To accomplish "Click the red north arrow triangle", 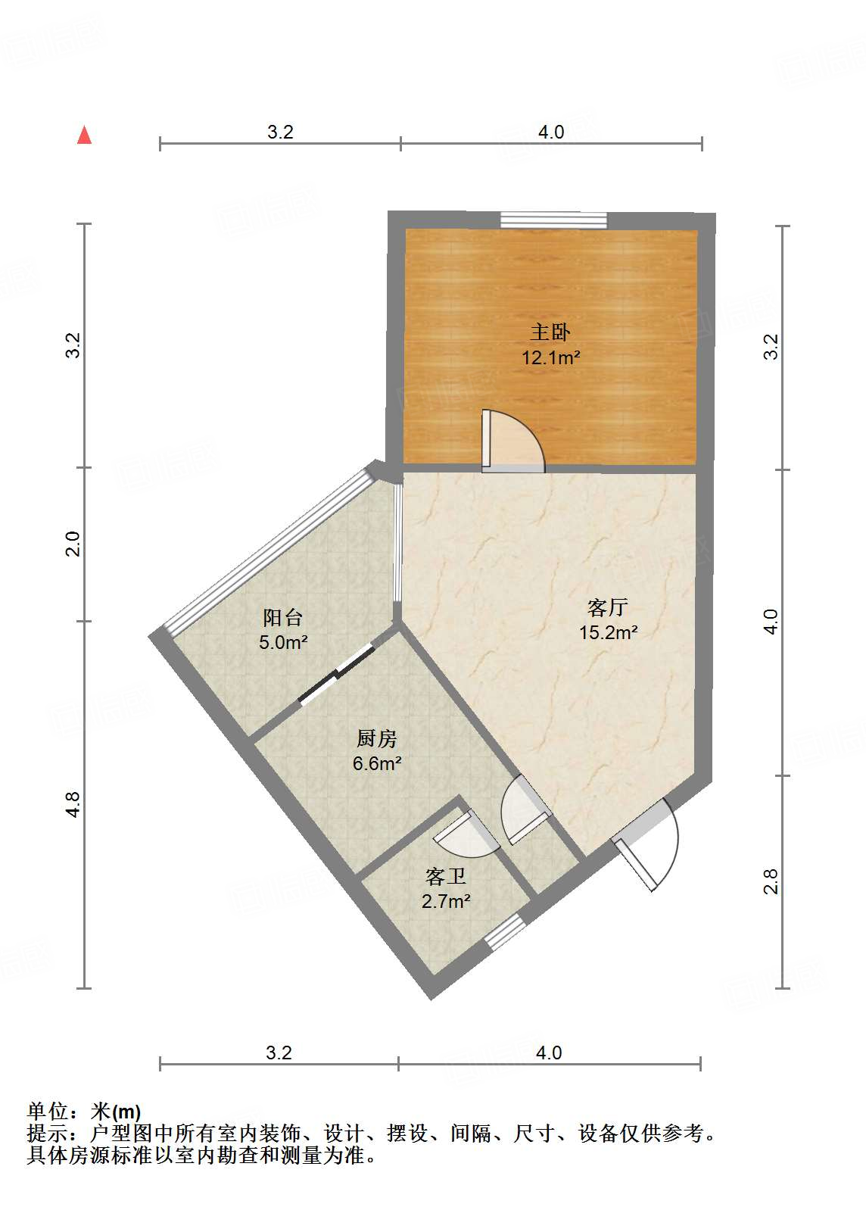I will click(x=85, y=136).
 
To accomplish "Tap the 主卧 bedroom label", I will click(x=550, y=332).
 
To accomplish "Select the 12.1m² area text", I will click(x=550, y=357).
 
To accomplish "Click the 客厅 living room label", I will click(x=608, y=607).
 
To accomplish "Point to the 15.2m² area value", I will click(x=608, y=632).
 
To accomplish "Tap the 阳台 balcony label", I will click(x=283, y=617).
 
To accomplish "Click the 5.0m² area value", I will click(x=283, y=643).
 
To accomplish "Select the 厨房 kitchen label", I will click(x=376, y=738).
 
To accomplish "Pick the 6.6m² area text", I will click(x=376, y=763).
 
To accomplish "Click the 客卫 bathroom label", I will click(x=445, y=877).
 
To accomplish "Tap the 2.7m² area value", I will click(x=445, y=902).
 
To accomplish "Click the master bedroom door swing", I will click(x=512, y=442).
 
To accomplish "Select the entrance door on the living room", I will click(x=647, y=844).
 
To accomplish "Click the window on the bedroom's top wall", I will click(x=553, y=220).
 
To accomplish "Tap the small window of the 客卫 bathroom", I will click(x=505, y=932).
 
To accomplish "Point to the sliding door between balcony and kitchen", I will click(x=336, y=675).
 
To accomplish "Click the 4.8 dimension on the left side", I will click(x=72, y=804).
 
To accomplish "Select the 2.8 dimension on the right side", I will click(x=771, y=881).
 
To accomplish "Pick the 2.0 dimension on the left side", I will click(x=72, y=544).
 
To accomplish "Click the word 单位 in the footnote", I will click(x=47, y=1112).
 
